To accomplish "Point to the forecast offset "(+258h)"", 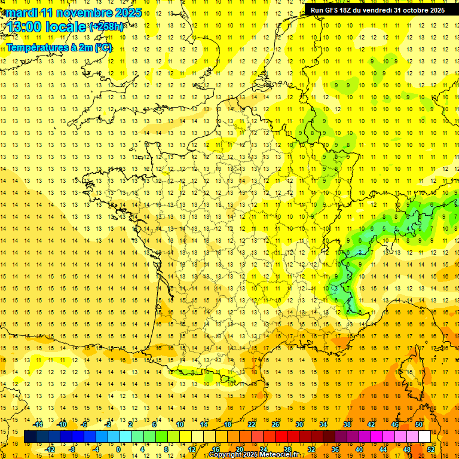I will [x=107, y=27].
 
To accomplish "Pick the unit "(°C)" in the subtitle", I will [x=102, y=48].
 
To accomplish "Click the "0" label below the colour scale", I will [x=118, y=449].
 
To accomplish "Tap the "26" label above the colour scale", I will [x=276, y=424].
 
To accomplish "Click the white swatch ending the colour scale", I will [x=424, y=437].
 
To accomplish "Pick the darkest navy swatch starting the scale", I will [x=30, y=437].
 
